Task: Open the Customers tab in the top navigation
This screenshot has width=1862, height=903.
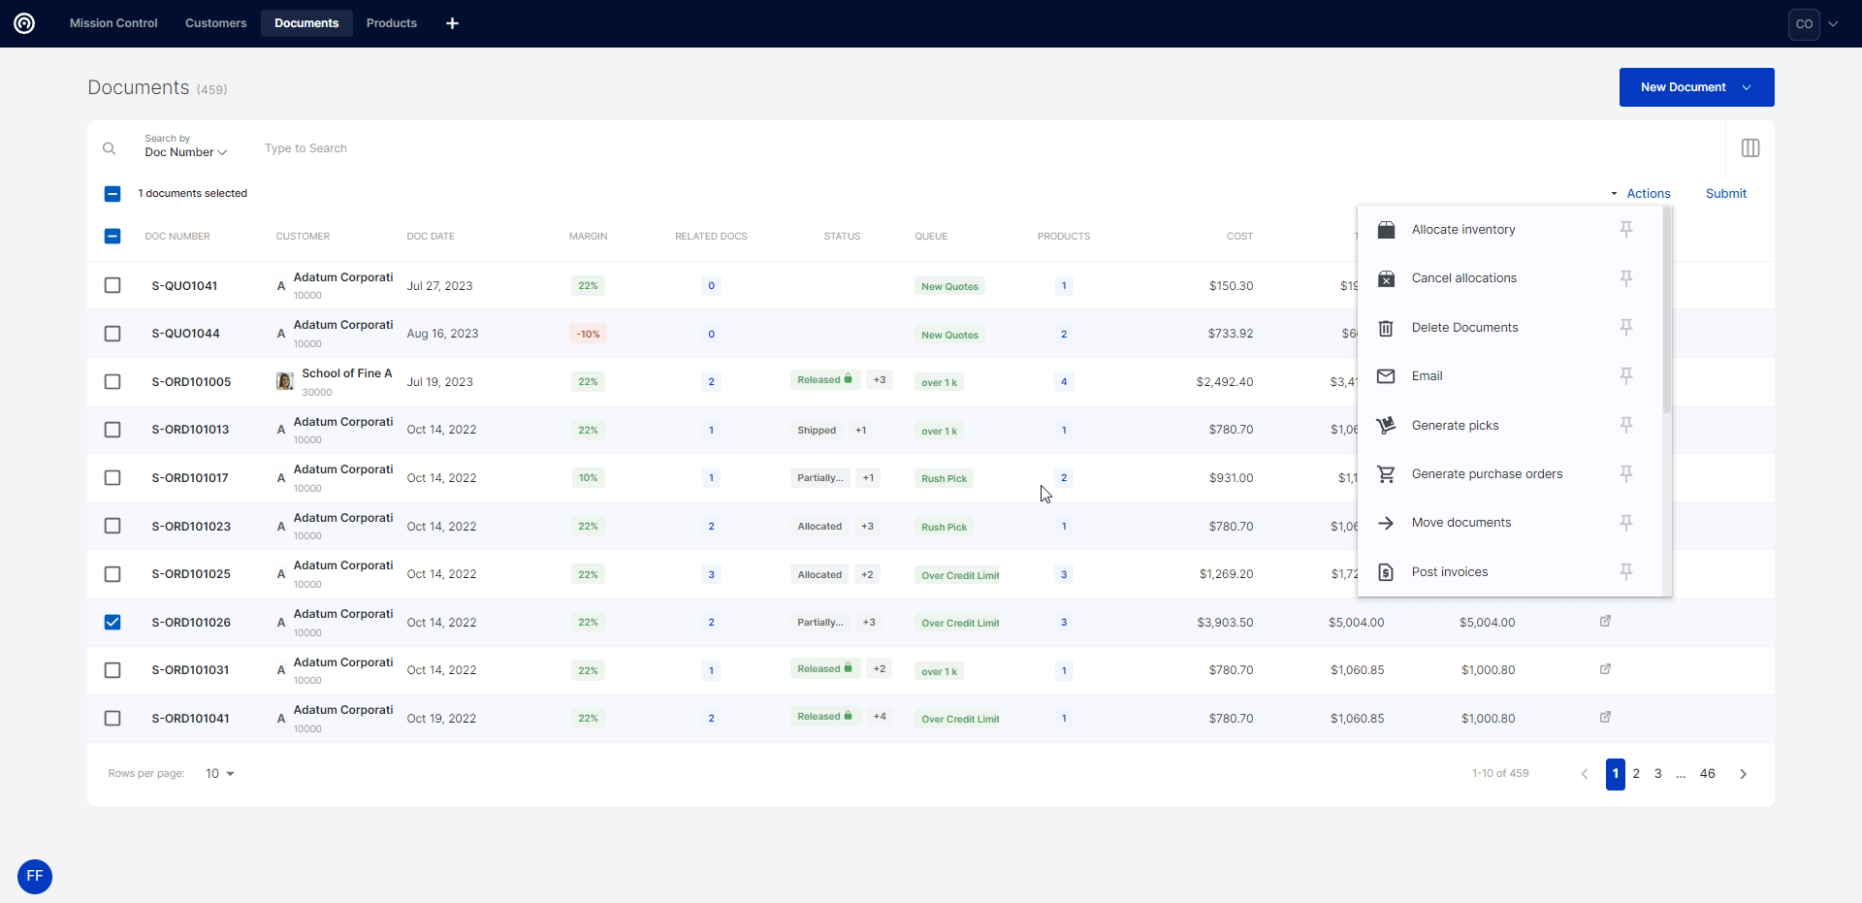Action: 215,23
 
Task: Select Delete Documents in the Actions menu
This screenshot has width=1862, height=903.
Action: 1464,328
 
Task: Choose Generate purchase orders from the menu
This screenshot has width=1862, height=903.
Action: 1487,474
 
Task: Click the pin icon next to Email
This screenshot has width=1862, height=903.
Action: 1626,375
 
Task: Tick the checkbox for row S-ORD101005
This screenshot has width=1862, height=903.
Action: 112,381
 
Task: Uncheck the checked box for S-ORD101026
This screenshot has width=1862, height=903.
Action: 112,622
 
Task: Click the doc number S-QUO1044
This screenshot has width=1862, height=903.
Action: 185,334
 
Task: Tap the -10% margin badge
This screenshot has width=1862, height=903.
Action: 588,334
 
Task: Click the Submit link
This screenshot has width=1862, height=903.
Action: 1725,194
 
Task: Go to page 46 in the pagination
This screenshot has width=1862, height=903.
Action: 1707,774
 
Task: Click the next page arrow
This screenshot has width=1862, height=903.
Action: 1743,774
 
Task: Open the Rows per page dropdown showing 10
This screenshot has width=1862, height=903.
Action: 220,774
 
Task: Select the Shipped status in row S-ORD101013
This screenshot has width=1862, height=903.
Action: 817,430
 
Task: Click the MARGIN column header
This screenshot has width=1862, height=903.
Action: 588,237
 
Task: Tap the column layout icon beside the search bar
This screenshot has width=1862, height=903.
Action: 1750,148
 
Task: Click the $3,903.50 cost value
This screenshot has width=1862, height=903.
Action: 1225,623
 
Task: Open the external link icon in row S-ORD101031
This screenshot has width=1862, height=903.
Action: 1605,669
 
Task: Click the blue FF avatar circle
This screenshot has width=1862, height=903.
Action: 35,877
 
